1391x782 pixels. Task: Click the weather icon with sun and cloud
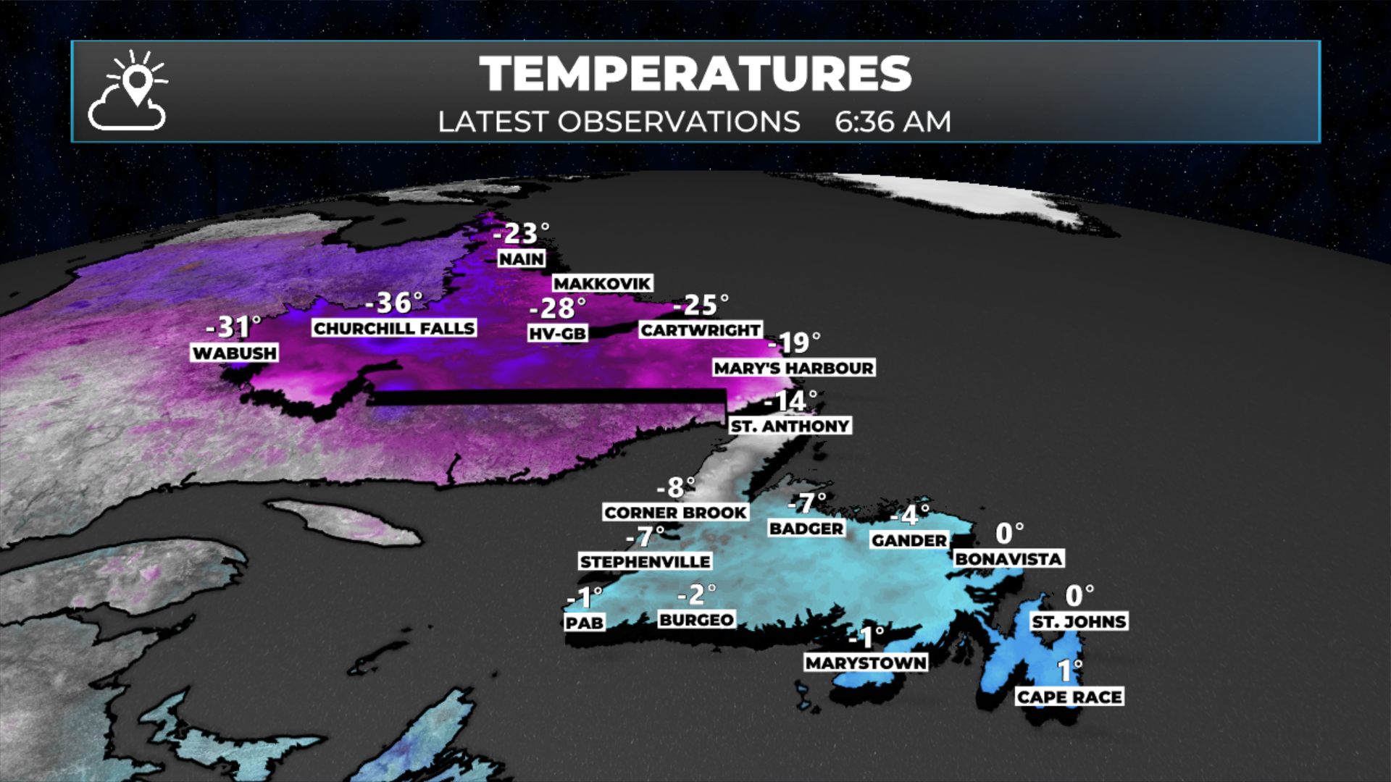point(128,91)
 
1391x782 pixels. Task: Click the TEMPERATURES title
point(695,74)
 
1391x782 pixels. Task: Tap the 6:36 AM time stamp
point(893,122)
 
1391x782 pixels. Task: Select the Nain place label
point(522,258)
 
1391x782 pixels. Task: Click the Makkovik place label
point(602,283)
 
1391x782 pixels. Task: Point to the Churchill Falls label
point(394,328)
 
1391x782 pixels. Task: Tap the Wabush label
point(235,353)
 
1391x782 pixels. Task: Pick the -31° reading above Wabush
point(233,327)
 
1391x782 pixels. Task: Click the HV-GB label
point(557,333)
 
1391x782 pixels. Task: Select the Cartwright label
point(701,330)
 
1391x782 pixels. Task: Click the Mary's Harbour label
point(793,368)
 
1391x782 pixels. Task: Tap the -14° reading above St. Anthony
point(790,400)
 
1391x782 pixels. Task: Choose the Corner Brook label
point(675,512)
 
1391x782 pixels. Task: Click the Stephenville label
point(645,561)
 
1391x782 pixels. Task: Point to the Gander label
point(909,540)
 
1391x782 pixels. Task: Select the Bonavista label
point(1008,558)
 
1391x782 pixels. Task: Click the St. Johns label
point(1079,621)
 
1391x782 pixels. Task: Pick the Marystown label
point(866,663)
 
